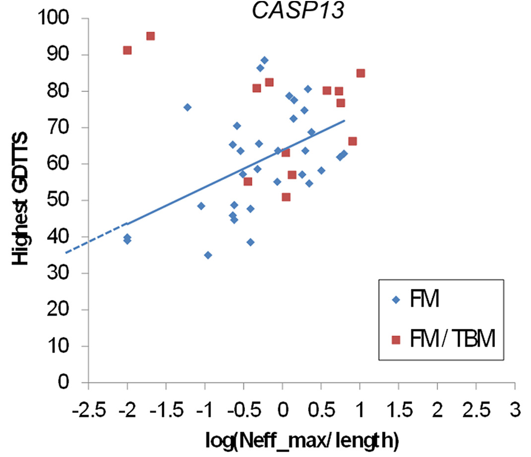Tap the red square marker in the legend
(395, 340)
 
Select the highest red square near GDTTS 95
(150, 36)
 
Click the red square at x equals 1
(361, 73)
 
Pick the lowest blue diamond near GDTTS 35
(208, 255)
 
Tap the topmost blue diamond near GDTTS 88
(264, 60)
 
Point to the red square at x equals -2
(127, 50)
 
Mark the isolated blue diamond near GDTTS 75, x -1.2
(187, 107)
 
